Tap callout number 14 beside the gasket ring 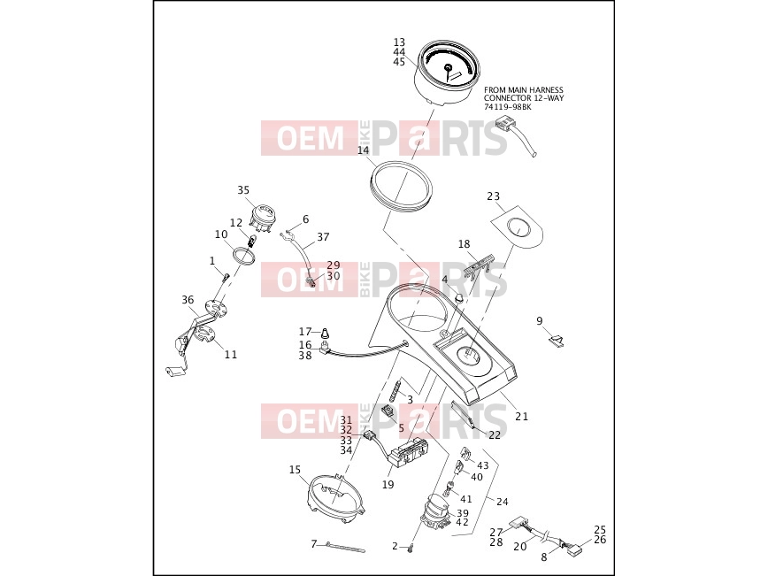(363, 150)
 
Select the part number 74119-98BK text (508, 107)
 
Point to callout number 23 (493, 196)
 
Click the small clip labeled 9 (557, 340)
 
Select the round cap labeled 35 (265, 218)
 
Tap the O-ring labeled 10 (243, 256)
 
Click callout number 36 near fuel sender (188, 300)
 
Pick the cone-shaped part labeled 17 (325, 334)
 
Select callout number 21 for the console (522, 417)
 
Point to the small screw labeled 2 (411, 549)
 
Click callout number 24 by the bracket (502, 502)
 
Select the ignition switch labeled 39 (434, 513)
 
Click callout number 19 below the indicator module (388, 485)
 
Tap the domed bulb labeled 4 (459, 298)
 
